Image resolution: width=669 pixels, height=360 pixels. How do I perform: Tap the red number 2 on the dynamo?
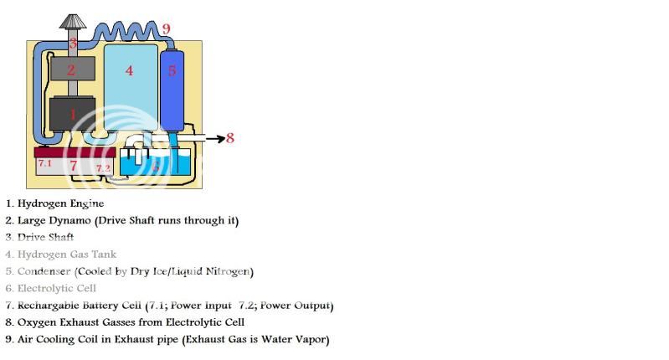pyautogui.click(x=72, y=69)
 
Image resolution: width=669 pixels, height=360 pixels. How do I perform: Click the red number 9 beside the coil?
pyautogui.click(x=167, y=30)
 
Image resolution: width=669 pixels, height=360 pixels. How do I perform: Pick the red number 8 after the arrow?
pyautogui.click(x=230, y=138)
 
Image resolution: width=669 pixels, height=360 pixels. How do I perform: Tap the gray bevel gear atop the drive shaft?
pyautogui.click(x=72, y=22)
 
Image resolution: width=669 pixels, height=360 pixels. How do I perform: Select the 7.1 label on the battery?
pyautogui.click(x=44, y=163)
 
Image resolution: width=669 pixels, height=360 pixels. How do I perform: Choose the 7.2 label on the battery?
pyautogui.click(x=102, y=168)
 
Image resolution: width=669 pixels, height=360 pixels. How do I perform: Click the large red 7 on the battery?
pyautogui.click(x=73, y=166)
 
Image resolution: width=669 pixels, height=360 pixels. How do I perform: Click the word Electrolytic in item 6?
pyautogui.click(x=44, y=288)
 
